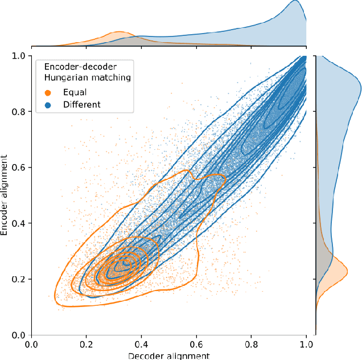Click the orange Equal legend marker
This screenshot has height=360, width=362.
[48, 91]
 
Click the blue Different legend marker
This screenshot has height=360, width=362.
[48, 104]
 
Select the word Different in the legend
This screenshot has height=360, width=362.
[82, 104]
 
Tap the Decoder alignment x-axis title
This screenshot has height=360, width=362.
[169, 355]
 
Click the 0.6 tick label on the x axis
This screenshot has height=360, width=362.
[196, 343]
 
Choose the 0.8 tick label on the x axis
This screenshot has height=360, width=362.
[252, 343]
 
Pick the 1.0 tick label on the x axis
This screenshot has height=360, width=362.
[306, 343]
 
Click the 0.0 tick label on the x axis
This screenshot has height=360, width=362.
[32, 343]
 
